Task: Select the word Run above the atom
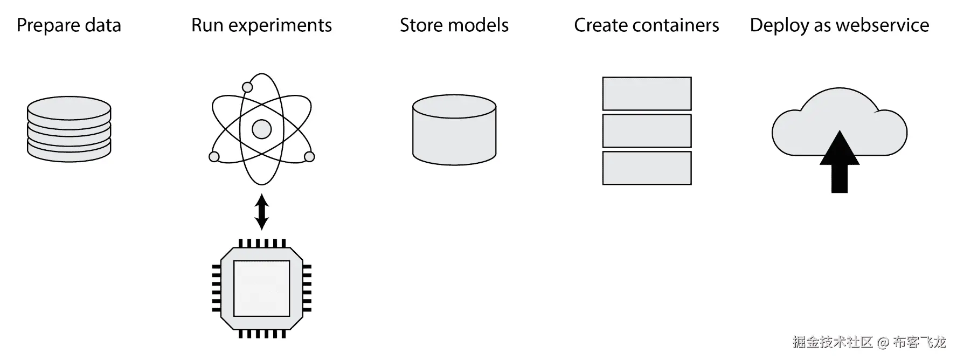pos(207,25)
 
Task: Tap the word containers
pos(676,25)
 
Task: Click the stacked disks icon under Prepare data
pos(69,129)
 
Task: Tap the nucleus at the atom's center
pos(261,129)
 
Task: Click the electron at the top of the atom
pos(247,87)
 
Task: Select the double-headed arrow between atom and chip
pos(261,212)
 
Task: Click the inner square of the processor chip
pos(261,288)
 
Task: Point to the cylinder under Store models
pos(454,130)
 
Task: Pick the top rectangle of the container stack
pos(647,94)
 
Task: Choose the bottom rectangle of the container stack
pos(647,168)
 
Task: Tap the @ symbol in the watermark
pos(883,342)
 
